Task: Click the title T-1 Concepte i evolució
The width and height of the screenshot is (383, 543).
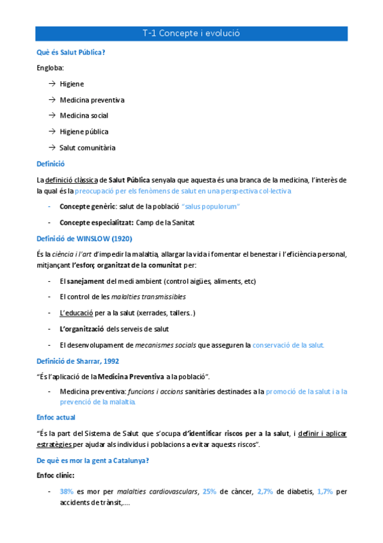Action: pos(191,33)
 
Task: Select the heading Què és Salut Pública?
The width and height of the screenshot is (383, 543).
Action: pos(71,53)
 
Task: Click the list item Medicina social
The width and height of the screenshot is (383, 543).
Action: pos(84,116)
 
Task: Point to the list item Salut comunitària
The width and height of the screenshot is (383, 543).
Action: pos(88,147)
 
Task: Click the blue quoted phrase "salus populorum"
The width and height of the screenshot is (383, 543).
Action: pos(210,207)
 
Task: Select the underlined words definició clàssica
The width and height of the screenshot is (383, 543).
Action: pos(72,179)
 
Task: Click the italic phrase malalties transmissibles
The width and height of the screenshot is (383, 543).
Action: pos(148,296)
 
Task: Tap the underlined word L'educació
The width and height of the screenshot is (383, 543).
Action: pos(76,312)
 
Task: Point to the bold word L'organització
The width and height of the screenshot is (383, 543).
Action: pos(81,328)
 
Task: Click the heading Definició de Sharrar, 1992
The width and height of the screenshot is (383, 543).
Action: pos(78,361)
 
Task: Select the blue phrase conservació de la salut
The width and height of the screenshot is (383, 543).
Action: pos(288,344)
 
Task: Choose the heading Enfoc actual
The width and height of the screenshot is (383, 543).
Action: pos(56,417)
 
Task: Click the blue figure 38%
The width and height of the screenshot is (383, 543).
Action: pos(66,491)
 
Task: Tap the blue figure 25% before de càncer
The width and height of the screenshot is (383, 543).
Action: pos(209,491)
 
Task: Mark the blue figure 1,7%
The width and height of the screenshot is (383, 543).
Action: pos(325,491)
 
